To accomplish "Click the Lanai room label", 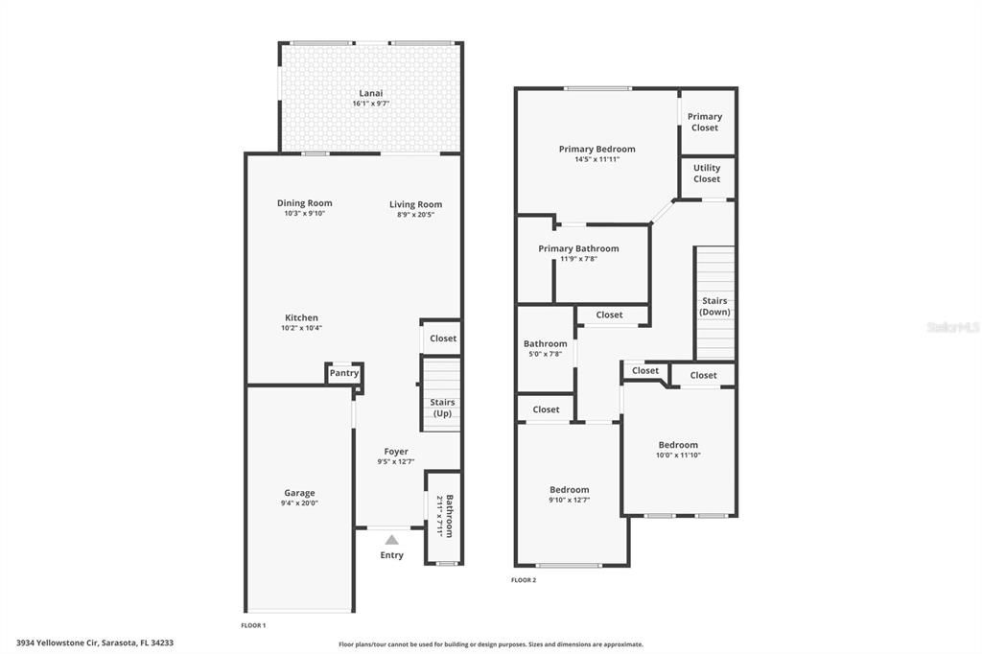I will coord(370,93).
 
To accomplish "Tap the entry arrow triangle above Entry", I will coord(391,540).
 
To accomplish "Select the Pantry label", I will coord(344,373).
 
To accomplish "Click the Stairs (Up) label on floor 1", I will coord(442,408).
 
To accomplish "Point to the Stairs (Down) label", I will coord(714,306).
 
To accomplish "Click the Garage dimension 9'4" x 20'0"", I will coord(298,502).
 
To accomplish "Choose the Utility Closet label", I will coord(707,174).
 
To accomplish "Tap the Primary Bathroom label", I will coord(578,248).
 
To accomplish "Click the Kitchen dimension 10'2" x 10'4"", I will coord(301,328).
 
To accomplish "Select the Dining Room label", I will coord(305,203).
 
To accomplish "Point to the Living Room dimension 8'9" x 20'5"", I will coord(415,214).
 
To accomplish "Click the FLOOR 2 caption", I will coord(524,580).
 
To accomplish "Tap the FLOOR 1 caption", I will coord(253,625).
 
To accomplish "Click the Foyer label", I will coord(396,452).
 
